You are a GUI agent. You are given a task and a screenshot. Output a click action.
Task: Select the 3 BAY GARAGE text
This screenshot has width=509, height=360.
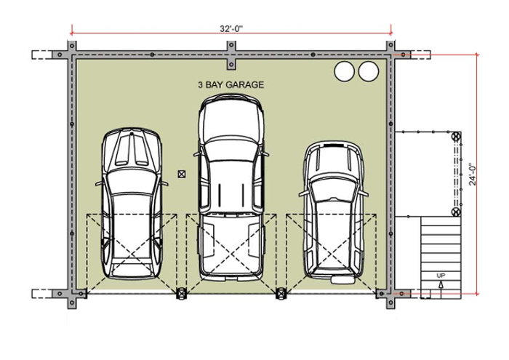(231, 84)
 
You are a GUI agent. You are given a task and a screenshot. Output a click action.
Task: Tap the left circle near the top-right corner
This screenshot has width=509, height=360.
(343, 71)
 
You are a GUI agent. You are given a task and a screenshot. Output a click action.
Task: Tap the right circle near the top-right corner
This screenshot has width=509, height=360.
(369, 71)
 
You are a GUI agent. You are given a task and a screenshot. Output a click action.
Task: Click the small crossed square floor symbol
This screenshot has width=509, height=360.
(181, 174)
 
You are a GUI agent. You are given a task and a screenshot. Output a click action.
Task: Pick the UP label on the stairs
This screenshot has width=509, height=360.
(441, 276)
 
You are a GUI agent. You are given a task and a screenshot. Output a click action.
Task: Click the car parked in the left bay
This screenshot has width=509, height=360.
(130, 204)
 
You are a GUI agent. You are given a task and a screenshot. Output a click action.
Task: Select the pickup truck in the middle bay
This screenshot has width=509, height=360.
(230, 189)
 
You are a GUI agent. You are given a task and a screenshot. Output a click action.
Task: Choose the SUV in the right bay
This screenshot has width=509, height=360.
(332, 211)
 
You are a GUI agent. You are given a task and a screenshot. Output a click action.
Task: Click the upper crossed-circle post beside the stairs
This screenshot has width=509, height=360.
(456, 136)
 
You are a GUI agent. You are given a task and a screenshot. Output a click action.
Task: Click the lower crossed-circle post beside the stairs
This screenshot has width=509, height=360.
(456, 212)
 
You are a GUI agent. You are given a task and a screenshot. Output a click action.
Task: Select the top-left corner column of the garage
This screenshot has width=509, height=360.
(72, 55)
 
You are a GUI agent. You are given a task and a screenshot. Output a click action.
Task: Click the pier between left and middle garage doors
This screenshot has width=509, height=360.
(181, 293)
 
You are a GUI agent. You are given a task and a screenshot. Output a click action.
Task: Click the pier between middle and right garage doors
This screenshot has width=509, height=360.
(281, 293)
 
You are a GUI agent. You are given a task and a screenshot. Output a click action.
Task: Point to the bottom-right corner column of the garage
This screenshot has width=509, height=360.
(384, 293)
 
